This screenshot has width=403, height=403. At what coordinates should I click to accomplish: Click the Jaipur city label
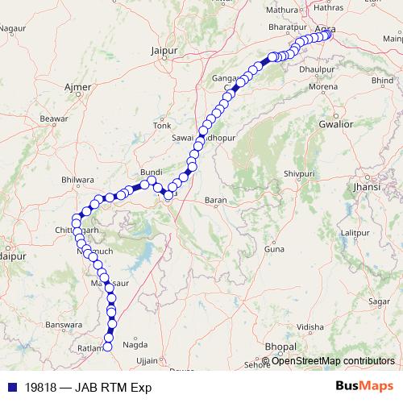164,50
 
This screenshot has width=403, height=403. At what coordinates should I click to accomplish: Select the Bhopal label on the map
280,346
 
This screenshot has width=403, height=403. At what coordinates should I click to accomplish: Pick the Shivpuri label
299,173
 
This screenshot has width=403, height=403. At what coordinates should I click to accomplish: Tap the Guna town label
275,250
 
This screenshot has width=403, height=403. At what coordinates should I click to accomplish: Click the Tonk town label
163,126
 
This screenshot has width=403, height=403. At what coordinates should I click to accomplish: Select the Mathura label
282,10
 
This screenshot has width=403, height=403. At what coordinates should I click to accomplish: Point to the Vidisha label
310,327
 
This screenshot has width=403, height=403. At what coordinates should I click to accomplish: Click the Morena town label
323,86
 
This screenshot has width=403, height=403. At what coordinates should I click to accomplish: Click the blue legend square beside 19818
11,386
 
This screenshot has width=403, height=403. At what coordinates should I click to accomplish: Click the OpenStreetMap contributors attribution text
333,361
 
